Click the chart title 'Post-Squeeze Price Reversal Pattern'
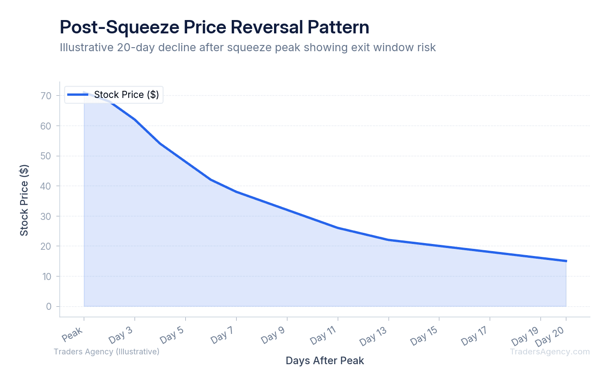click(214, 28)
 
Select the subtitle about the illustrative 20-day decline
click(248, 47)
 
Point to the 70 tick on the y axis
click(47, 96)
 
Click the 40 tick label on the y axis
click(47, 186)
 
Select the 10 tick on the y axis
click(47, 276)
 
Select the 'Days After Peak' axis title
click(325, 361)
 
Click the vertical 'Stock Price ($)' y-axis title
click(24, 200)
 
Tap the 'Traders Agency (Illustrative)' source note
click(106, 352)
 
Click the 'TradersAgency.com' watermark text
click(550, 352)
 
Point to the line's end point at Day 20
click(566, 261)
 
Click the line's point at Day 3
click(135, 119)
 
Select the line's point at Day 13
click(389, 240)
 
